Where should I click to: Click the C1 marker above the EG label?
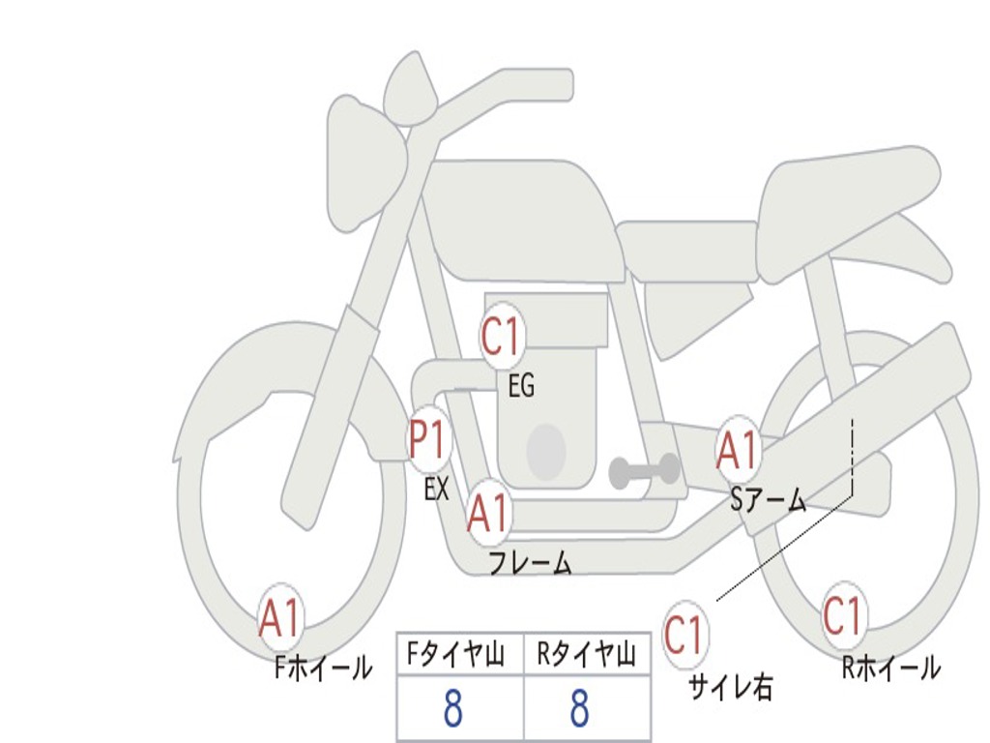click(x=501, y=338)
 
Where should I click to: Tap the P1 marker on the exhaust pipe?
click(x=429, y=440)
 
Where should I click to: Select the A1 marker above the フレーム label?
click(x=488, y=513)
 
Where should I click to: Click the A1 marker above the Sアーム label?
click(x=737, y=451)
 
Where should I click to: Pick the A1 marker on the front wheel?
click(x=279, y=618)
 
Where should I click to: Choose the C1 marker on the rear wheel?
click(x=842, y=615)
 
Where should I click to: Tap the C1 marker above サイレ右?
click(x=684, y=635)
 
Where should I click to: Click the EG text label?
click(x=521, y=385)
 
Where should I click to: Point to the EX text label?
click(x=436, y=489)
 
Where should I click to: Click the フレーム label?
click(x=531, y=562)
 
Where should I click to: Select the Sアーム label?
click(x=769, y=500)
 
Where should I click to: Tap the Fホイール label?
click(x=323, y=668)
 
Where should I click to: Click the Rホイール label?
click(x=891, y=668)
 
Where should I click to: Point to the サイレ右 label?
click(x=731, y=688)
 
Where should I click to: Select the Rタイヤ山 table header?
click(x=587, y=654)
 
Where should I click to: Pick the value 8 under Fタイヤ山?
click(x=453, y=708)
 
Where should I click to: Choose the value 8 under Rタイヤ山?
click(x=580, y=708)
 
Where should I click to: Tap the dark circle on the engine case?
click(x=546, y=451)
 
